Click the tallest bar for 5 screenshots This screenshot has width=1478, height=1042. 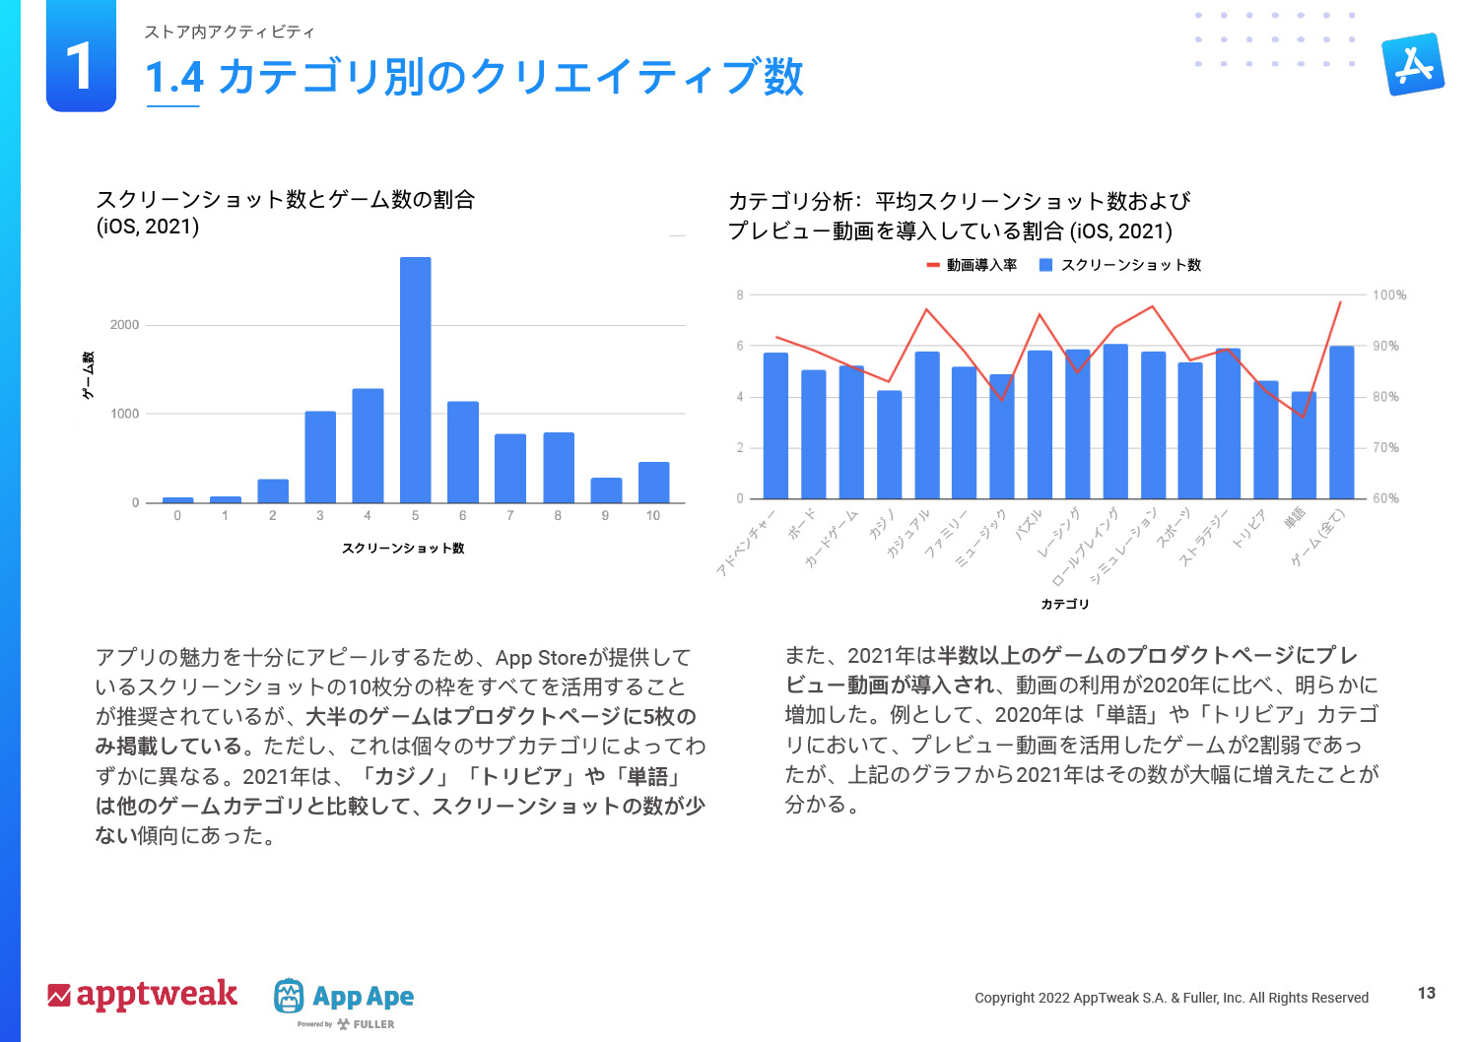click(x=415, y=379)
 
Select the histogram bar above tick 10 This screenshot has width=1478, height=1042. click(x=653, y=483)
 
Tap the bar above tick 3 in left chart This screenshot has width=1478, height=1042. click(x=320, y=457)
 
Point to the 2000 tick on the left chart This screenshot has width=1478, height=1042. click(x=125, y=325)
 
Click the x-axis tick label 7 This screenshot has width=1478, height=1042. click(x=510, y=515)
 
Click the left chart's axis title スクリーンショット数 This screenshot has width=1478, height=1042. click(x=403, y=549)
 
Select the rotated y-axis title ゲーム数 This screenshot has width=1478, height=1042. click(x=88, y=375)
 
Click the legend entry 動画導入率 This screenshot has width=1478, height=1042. click(x=972, y=265)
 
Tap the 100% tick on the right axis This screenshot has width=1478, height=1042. click(x=1389, y=295)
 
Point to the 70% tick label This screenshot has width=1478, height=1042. click(x=1385, y=448)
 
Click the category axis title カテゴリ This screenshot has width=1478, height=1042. click(x=1065, y=604)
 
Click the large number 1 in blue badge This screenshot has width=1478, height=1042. click(x=81, y=67)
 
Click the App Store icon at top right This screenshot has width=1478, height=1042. click(x=1413, y=64)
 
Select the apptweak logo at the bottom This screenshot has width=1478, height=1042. click(x=143, y=995)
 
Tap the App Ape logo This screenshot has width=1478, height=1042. click(x=344, y=997)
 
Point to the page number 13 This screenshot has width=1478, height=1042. click(x=1426, y=993)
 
